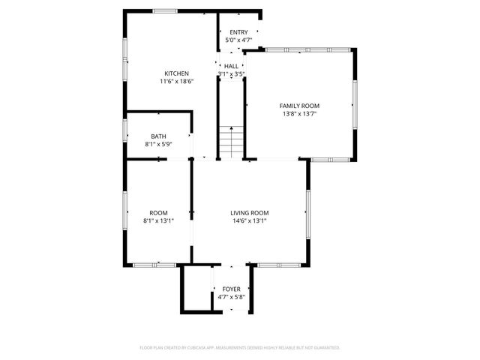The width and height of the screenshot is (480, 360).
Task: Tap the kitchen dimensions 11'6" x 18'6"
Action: [x=176, y=81]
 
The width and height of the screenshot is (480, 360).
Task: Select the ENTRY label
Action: [x=238, y=32]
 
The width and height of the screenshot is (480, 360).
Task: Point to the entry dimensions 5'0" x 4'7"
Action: [x=238, y=40]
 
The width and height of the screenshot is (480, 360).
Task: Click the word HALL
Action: [x=231, y=66]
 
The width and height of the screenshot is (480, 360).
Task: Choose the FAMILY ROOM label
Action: [x=299, y=106]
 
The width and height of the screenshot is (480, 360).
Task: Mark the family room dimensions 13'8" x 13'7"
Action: [x=299, y=114]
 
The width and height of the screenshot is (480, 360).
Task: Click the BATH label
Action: [x=158, y=136]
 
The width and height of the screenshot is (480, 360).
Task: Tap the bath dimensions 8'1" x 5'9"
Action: [x=158, y=144]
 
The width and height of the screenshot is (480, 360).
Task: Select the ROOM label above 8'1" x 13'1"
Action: [x=158, y=213]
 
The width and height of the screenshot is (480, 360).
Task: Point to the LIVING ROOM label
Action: [x=249, y=213]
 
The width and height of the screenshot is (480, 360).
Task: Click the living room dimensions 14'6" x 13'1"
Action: [x=249, y=220]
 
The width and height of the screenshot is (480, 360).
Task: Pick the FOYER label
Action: [x=231, y=289]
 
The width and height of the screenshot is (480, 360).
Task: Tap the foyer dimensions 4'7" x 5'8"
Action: [x=231, y=297]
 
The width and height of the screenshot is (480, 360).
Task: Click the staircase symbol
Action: [x=231, y=141]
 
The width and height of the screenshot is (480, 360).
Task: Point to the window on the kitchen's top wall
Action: [x=165, y=11]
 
